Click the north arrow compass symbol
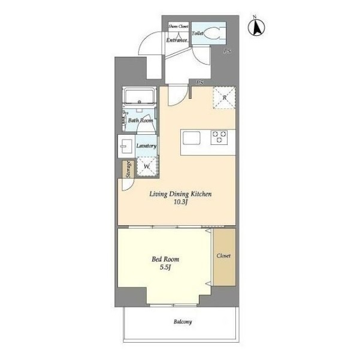pyautogui.click(x=256, y=26)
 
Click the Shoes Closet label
pyautogui.click(x=179, y=26)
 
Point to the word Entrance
pyautogui.click(x=177, y=40)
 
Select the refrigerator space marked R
pyautogui.click(x=224, y=98)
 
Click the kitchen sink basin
pyautogui.click(x=192, y=138)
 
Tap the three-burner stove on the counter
pyautogui.click(x=219, y=137)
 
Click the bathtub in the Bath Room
pyautogui.click(x=139, y=96)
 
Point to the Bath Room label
pyautogui.click(x=140, y=120)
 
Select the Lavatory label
pyautogui.click(x=146, y=146)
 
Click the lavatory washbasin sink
pyautogui.click(x=126, y=146)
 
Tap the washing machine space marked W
pyautogui.click(x=147, y=167)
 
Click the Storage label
pyautogui.click(x=129, y=170)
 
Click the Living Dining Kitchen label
pyautogui.click(x=180, y=194)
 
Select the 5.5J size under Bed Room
pyautogui.click(x=165, y=267)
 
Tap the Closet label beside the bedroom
pyautogui.click(x=223, y=256)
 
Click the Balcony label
pyautogui.click(x=183, y=322)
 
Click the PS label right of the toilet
pyautogui.click(x=227, y=51)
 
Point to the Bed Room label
pyautogui.click(x=165, y=259)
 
